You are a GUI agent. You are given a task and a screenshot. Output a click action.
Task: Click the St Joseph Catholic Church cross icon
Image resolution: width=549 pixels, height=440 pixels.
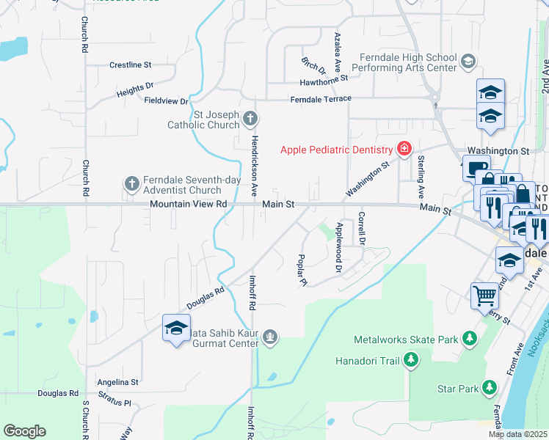(250, 118)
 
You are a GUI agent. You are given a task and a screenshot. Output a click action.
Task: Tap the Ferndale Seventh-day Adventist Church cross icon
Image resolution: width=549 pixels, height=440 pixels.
(131, 183)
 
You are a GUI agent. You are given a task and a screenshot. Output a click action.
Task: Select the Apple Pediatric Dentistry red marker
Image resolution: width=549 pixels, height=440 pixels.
(403, 150)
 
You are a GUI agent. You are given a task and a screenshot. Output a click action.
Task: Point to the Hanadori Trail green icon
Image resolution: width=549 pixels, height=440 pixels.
(412, 359)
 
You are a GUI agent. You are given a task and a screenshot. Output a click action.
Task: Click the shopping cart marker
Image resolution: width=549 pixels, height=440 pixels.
(484, 296)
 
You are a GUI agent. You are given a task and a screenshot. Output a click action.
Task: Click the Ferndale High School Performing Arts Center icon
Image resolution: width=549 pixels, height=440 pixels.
(468, 62)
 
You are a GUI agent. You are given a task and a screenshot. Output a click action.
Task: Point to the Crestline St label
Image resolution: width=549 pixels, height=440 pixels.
(130, 65)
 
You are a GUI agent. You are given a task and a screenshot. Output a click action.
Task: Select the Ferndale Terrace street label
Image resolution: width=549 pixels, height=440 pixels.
(321, 99)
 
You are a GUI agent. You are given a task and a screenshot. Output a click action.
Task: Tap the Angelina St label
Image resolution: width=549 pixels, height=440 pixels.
(118, 382)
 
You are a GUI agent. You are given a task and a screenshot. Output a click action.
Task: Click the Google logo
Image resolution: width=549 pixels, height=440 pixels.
(24, 431)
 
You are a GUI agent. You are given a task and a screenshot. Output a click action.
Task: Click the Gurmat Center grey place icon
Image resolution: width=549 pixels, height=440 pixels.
(271, 337)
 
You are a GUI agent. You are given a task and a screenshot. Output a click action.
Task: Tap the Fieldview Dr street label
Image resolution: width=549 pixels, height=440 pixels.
(167, 100)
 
